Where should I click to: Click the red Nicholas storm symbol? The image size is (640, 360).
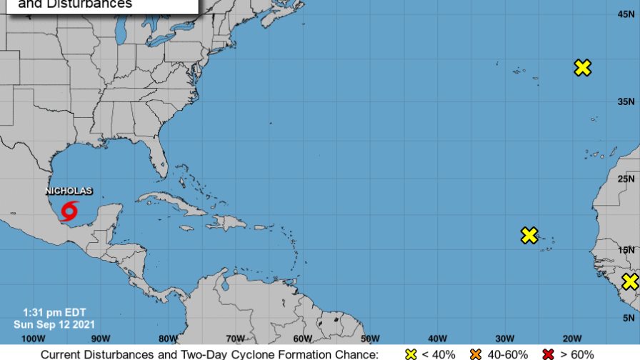click(x=70, y=211)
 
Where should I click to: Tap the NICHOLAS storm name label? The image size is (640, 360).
click(x=69, y=191)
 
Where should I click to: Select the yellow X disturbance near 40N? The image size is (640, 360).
click(x=583, y=68)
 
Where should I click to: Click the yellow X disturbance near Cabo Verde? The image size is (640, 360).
click(x=529, y=235)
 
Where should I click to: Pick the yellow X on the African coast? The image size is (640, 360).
click(x=629, y=281)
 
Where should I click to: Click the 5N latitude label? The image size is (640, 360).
click(x=629, y=318)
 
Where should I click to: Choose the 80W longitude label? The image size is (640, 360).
click(x=168, y=339)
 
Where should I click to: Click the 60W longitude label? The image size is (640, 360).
click(x=302, y=339)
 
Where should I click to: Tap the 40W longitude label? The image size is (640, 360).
click(x=437, y=339)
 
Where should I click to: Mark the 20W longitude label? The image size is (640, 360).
click(x=571, y=339)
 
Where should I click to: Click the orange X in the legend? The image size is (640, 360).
click(x=476, y=354)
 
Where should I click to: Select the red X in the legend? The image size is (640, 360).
click(x=549, y=354)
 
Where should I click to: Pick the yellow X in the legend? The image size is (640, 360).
click(x=410, y=354)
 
